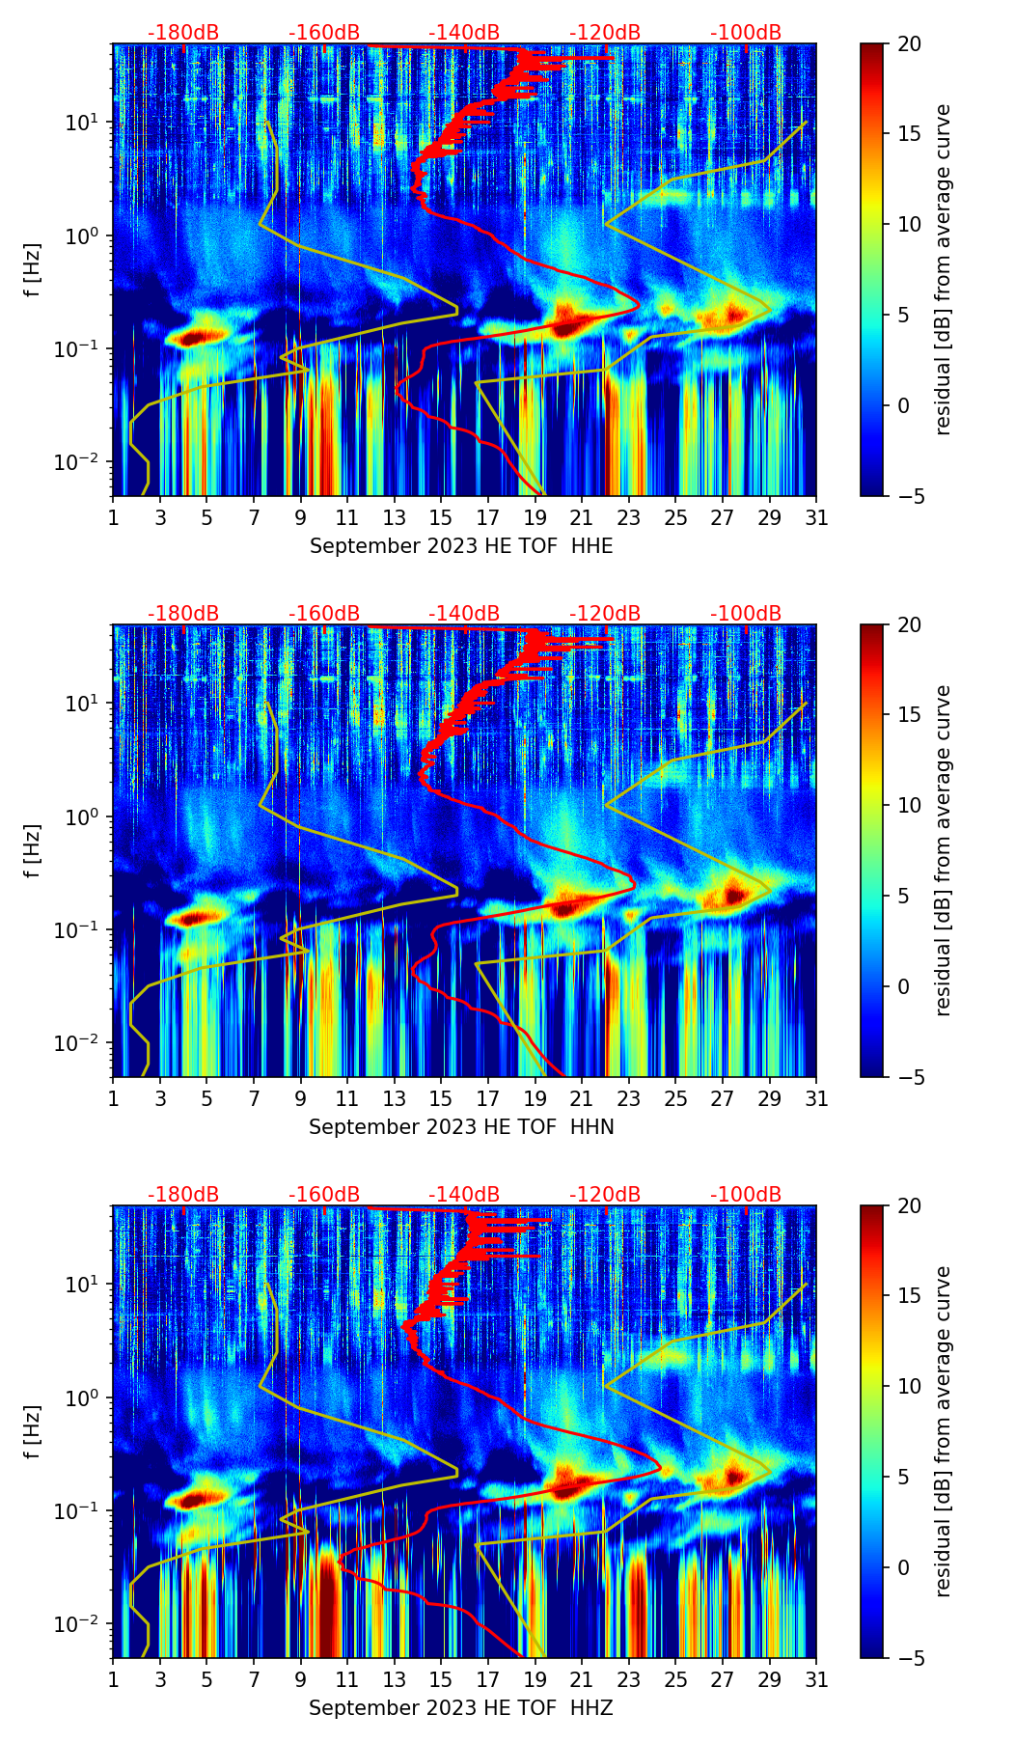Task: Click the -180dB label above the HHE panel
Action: point(183,33)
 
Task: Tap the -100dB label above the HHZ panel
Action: point(746,1195)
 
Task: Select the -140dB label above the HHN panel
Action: point(464,614)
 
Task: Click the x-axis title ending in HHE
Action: point(461,546)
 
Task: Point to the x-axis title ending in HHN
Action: point(461,1127)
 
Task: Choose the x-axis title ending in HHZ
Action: point(461,1708)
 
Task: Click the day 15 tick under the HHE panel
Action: point(441,517)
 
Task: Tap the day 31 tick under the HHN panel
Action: point(816,1098)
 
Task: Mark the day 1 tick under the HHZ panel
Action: point(114,1679)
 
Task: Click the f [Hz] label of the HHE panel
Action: point(33,270)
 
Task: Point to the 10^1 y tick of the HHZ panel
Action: point(83,1285)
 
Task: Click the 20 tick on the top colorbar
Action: point(908,43)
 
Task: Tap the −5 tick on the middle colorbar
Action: point(908,1077)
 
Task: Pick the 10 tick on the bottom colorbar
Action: point(908,1386)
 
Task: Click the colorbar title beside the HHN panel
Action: point(944,850)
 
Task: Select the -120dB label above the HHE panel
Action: point(605,33)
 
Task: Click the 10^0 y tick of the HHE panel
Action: point(83,235)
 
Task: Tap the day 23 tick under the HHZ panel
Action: point(629,1679)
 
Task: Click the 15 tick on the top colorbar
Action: point(908,134)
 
